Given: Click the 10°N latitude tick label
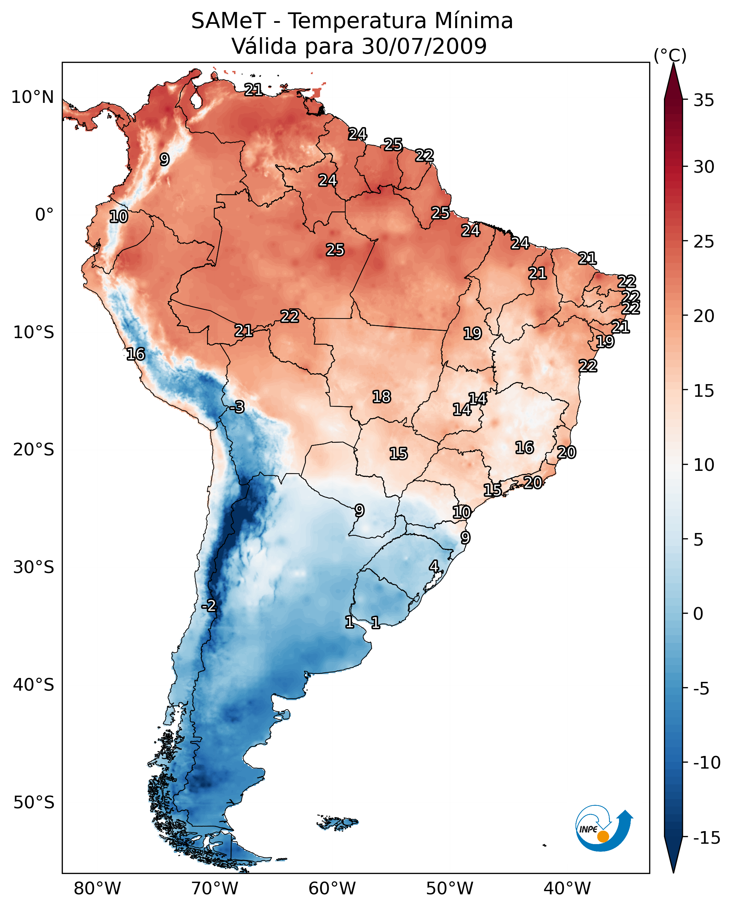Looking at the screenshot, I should (33, 98).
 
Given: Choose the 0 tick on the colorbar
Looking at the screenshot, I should (698, 614).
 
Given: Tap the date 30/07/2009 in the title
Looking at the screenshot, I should (424, 46).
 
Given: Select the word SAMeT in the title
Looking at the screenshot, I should (228, 21).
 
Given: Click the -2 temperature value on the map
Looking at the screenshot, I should (208, 606).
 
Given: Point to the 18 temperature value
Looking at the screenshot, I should (381, 397).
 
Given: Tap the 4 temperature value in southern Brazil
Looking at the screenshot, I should (434, 566).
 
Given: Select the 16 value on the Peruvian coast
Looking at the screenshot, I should (136, 354).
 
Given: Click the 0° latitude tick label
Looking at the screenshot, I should (44, 215).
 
